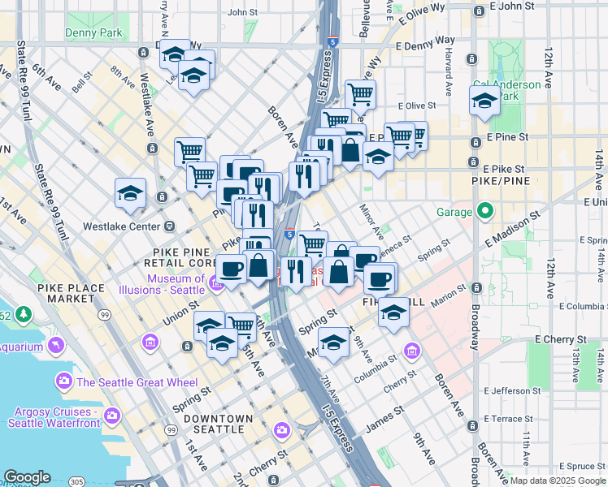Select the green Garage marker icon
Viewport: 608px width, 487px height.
tap(485, 212)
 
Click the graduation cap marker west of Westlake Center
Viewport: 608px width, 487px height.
tap(130, 193)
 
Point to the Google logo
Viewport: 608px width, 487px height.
tap(27, 478)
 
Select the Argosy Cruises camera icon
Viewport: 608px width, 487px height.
tap(112, 416)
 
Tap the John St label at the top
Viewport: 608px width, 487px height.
tap(242, 12)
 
